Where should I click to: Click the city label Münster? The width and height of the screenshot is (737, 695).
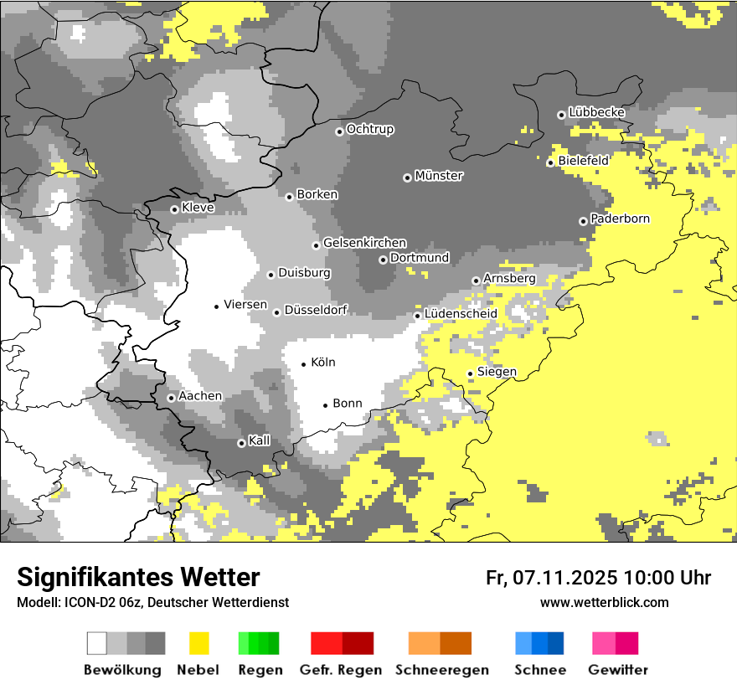tap(439, 176)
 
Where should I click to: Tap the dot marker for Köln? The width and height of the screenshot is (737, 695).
tap(304, 364)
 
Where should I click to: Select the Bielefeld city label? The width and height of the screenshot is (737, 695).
tap(584, 160)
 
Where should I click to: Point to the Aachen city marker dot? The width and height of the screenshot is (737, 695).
tap(171, 398)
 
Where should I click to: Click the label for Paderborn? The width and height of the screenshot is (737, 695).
tap(620, 219)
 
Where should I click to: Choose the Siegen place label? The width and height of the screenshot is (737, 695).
tap(497, 371)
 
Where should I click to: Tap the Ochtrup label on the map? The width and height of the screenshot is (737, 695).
tap(370, 129)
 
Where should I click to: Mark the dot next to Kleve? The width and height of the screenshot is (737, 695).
tap(174, 209)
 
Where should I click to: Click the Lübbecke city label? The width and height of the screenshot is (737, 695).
tap(596, 112)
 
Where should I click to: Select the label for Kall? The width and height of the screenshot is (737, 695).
tap(260, 440)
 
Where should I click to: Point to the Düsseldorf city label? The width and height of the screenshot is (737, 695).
tap(316, 310)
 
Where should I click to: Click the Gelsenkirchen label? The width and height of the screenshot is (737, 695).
tap(364, 243)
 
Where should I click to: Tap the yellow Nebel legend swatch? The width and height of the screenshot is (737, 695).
tap(199, 643)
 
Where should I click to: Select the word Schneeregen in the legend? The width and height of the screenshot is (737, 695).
tap(441, 670)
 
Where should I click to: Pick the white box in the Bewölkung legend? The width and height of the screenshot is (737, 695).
tap(97, 643)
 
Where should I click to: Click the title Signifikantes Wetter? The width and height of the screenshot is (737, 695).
tap(138, 577)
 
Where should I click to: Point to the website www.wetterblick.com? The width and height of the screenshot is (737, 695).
tap(604, 602)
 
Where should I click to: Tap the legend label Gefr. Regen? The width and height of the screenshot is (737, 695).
tap(341, 670)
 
